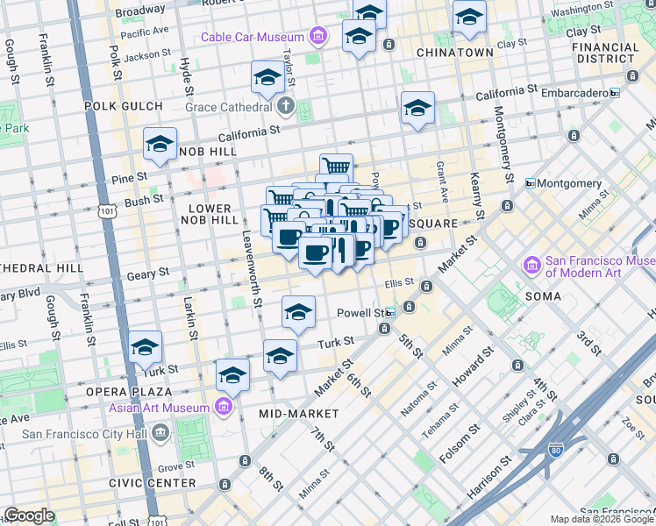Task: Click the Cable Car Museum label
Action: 252,37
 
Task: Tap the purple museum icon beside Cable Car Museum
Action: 318,37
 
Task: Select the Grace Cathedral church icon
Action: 285,107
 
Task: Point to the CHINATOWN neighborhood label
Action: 454,53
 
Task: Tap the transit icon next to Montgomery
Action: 531,183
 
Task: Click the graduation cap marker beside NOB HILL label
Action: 160,146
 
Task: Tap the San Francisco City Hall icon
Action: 160,433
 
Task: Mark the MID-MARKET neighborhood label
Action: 299,413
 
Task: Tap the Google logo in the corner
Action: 29,515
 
